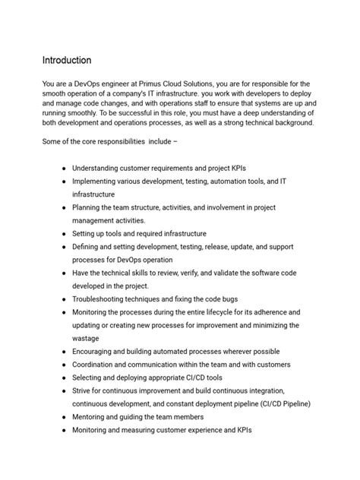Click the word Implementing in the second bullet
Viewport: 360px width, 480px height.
(99, 182)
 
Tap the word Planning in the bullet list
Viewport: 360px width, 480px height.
(88, 207)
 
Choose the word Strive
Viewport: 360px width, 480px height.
(84, 391)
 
